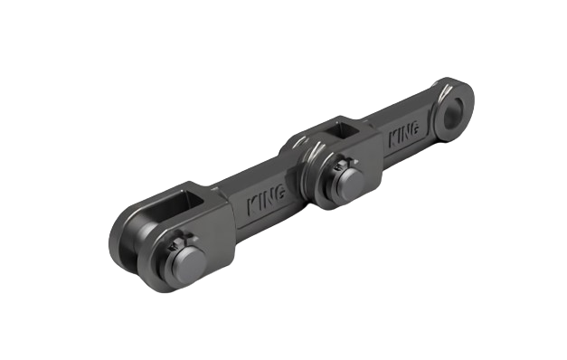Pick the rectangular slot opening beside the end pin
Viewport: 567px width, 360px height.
pyautogui.click(x=198, y=197)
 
